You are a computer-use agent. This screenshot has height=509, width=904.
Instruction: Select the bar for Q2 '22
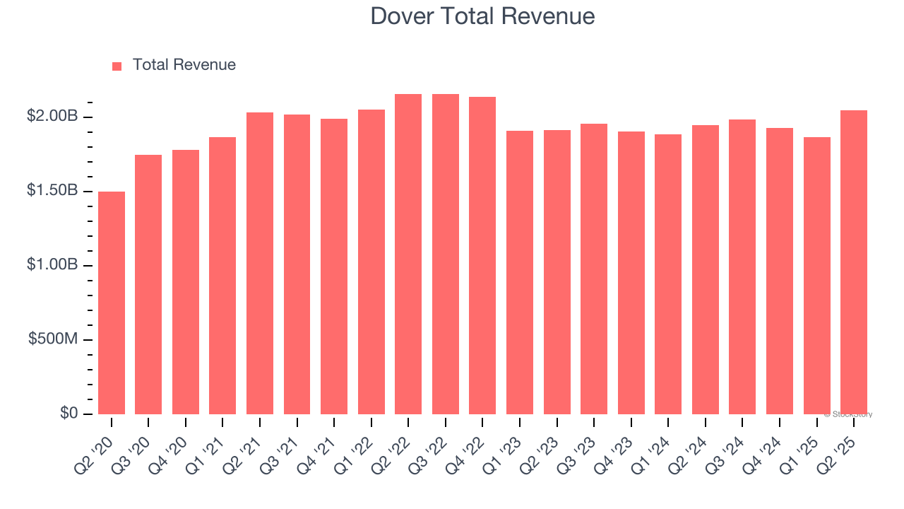[408, 255]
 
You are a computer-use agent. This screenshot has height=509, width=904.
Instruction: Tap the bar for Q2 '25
[854, 262]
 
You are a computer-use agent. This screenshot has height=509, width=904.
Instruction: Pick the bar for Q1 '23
[520, 272]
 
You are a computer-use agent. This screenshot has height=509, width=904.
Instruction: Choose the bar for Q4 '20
[186, 282]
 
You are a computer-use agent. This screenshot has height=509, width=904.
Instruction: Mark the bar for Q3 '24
[742, 267]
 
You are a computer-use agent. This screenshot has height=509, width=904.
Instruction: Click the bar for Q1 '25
[816, 276]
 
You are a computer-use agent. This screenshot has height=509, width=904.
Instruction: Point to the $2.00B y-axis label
[52, 117]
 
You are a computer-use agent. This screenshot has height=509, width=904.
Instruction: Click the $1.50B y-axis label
[52, 191]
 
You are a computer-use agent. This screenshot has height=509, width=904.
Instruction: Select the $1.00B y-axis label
[52, 265]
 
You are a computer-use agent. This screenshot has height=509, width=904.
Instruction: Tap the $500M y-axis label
[54, 339]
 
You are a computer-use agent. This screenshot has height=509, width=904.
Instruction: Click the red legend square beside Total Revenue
[117, 66]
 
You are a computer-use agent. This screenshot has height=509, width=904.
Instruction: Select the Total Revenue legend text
[184, 65]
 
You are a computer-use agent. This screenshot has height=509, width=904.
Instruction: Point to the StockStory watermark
[848, 414]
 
